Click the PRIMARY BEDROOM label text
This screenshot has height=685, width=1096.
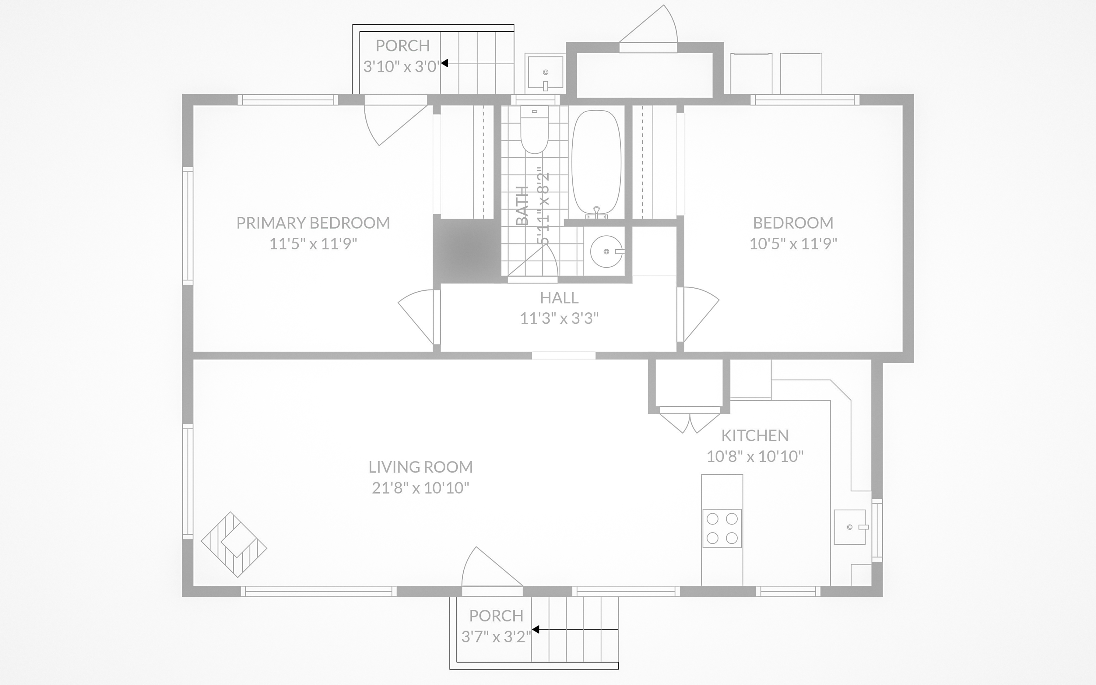(313, 223)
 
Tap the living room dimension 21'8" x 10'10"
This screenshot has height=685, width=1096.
(420, 488)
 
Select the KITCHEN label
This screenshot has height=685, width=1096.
(754, 435)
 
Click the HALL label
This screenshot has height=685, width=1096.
(559, 298)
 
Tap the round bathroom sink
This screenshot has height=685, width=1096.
(606, 251)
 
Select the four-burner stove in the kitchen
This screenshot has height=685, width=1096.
(722, 528)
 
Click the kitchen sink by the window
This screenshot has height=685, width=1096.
(850, 527)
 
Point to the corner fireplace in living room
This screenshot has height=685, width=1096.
(234, 545)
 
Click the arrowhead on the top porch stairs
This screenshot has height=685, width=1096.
(445, 63)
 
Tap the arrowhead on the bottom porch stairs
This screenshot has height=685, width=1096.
(535, 629)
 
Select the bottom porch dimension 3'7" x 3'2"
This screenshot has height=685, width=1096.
(496, 637)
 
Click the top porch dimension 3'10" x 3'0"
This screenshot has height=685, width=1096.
(401, 67)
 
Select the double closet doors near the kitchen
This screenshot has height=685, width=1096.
(689, 421)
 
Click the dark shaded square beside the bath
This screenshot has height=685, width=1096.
(466, 251)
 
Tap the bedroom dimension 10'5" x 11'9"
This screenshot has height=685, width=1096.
(792, 244)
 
